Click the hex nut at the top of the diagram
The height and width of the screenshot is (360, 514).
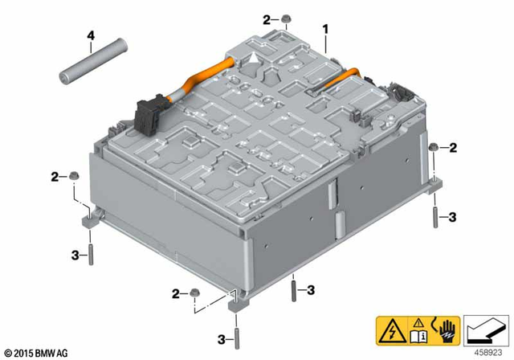(x=286, y=18)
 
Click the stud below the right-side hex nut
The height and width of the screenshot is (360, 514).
(x=434, y=218)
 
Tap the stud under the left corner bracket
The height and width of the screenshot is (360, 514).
(x=91, y=255)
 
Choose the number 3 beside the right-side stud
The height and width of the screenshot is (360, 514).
(x=453, y=217)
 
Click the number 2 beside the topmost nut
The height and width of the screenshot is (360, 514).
(x=267, y=18)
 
